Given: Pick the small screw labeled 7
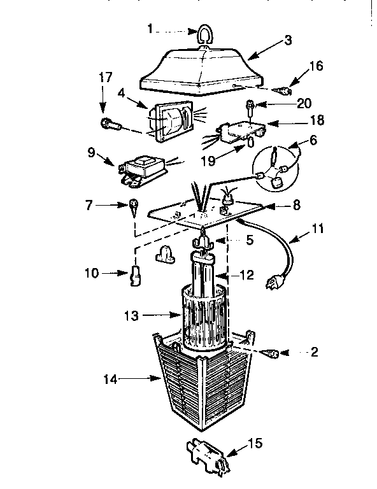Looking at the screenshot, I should (134, 206).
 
